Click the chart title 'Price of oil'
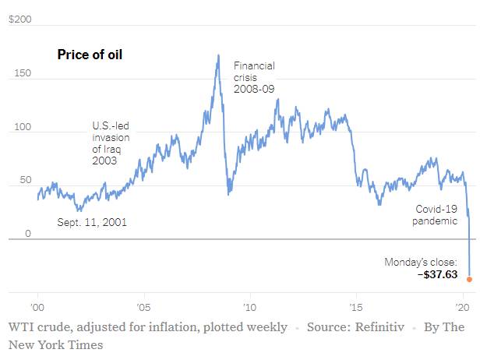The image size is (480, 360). pyautogui.click(x=90, y=55)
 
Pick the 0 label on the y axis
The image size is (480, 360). pyautogui.click(x=27, y=233)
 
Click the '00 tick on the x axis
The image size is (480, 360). pyautogui.click(x=37, y=305)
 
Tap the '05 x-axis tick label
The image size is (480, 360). pyautogui.click(x=143, y=305)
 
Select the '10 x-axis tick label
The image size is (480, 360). pyautogui.click(x=249, y=305)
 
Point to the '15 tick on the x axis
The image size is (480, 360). pyautogui.click(x=355, y=305)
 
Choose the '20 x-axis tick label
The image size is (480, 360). pyautogui.click(x=461, y=305)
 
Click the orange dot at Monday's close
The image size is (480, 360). pyautogui.click(x=469, y=278)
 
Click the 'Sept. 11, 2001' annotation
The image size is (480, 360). pyautogui.click(x=92, y=222)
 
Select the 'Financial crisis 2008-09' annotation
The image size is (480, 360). pyautogui.click(x=254, y=78)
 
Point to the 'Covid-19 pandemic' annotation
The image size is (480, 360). pyautogui.click(x=435, y=215)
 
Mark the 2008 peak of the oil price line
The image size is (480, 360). pyautogui.click(x=217, y=55)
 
